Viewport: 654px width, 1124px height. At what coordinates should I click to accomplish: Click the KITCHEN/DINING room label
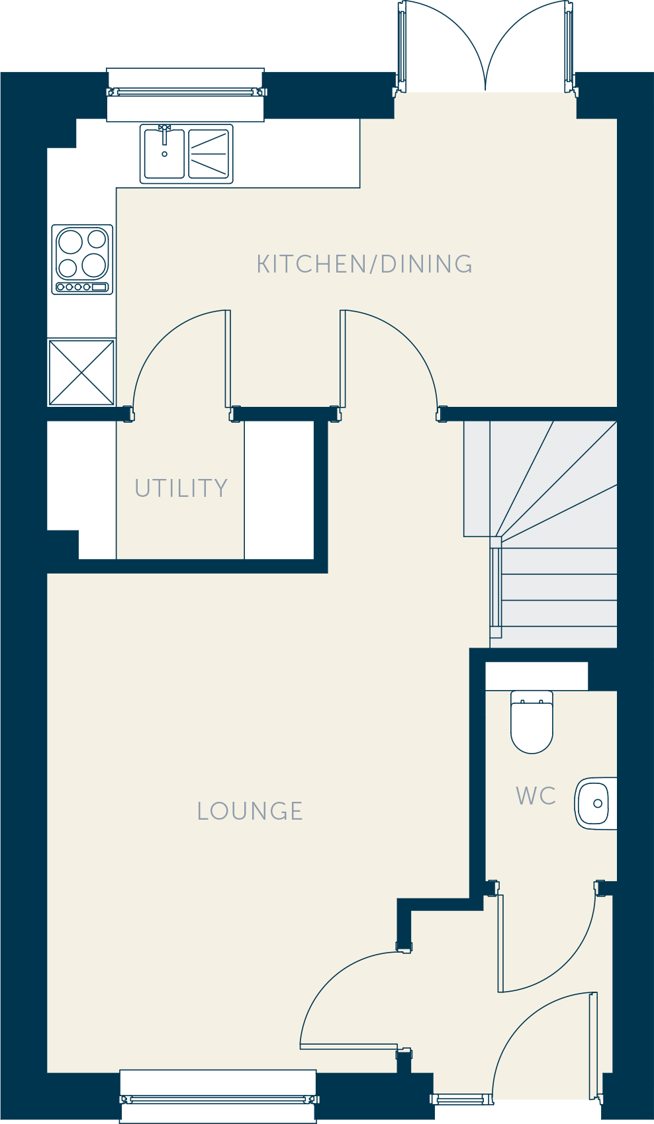pos(364,265)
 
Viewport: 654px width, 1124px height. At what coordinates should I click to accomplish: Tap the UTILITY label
pos(181,488)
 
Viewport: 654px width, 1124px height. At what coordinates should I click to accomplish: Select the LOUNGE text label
pos(250,811)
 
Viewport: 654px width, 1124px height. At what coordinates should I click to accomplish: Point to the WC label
pos(536,796)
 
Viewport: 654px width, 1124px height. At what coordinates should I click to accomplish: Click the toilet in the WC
pos(532,722)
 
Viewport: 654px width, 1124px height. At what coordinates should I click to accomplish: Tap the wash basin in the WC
pos(596,803)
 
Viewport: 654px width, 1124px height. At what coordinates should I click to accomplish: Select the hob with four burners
pos(82,259)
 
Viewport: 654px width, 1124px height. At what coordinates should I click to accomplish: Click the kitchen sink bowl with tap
pos(164,153)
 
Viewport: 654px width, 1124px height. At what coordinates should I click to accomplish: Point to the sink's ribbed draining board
pos(209,153)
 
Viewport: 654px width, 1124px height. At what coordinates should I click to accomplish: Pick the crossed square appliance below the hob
pos(81,372)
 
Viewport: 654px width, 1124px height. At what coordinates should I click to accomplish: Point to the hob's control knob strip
pos(82,287)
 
